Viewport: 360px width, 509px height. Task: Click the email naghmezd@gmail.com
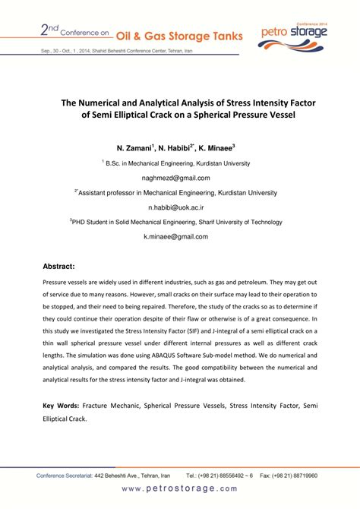[180, 178]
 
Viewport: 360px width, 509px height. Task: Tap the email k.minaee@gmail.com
[180, 237]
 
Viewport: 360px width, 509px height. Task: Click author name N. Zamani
[136, 148]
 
